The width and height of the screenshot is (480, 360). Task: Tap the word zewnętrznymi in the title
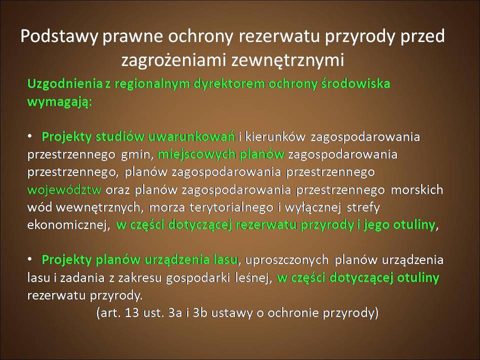coord(288,60)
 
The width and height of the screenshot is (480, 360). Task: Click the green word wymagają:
coord(59,102)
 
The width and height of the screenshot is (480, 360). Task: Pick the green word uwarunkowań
coord(191,136)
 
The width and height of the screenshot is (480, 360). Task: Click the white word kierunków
coord(275,136)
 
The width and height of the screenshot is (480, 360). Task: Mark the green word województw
coord(64,190)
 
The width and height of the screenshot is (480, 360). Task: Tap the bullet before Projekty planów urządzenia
coord(30,259)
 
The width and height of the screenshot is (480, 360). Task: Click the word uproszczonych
coord(287,260)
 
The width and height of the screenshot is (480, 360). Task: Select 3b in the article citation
coord(199,313)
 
